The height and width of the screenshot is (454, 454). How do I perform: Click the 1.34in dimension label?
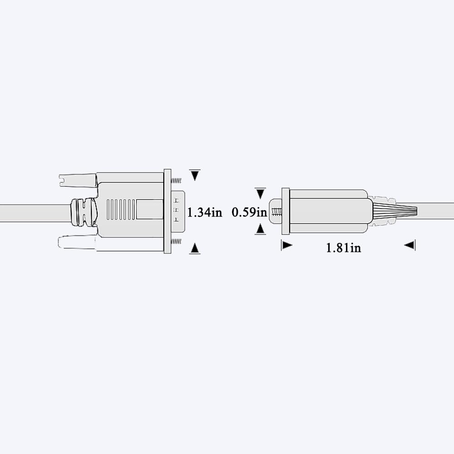click(x=205, y=212)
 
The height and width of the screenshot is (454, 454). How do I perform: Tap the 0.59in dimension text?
click(x=249, y=212)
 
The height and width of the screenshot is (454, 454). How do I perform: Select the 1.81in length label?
click(x=344, y=248)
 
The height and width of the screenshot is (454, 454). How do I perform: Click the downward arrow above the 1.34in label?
click(x=195, y=175)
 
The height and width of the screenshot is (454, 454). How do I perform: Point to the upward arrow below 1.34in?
click(x=195, y=248)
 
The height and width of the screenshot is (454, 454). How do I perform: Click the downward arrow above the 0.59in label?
click(x=260, y=193)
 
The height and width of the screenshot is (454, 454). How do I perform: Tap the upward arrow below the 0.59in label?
click(x=260, y=229)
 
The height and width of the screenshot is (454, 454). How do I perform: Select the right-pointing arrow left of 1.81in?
click(x=286, y=246)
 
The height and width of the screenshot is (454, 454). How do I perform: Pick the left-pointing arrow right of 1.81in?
click(x=410, y=246)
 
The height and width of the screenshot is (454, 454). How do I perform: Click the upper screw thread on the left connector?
click(x=177, y=181)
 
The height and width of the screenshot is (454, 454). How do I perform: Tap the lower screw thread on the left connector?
click(x=177, y=242)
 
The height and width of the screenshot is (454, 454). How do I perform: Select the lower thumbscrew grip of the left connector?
click(x=77, y=242)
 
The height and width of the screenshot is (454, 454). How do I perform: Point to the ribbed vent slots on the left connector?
click(x=121, y=210)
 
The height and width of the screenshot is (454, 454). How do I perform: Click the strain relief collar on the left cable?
click(x=84, y=212)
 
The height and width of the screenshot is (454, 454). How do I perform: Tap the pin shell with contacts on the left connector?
click(x=178, y=212)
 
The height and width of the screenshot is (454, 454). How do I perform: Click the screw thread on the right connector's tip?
click(x=276, y=212)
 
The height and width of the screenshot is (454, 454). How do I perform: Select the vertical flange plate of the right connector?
click(x=286, y=211)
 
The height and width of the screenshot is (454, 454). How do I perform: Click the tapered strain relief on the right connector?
click(x=394, y=211)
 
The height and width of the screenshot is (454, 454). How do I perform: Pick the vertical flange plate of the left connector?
click(x=167, y=211)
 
